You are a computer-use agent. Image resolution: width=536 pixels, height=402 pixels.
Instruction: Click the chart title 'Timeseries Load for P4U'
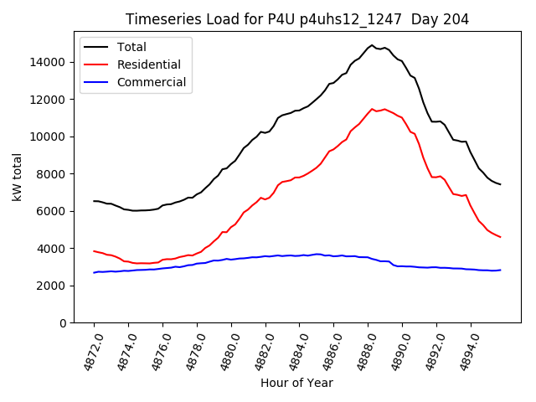click(x=296, y=19)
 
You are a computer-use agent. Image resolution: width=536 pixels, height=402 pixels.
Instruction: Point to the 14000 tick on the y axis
click(x=49, y=62)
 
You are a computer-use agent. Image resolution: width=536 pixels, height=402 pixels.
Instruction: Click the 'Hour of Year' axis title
click(x=296, y=384)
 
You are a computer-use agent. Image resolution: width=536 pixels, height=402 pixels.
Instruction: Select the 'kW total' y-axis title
click(x=17, y=178)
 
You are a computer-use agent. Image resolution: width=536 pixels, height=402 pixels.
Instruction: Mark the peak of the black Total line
click(x=371, y=45)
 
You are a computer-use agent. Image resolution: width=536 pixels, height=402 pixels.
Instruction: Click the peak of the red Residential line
click(x=373, y=109)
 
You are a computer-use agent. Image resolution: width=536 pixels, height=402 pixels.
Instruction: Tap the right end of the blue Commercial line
click(x=500, y=270)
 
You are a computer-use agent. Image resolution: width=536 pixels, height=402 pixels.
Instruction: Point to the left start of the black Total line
click(x=94, y=201)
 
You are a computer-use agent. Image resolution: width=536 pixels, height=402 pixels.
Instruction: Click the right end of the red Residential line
click(x=500, y=237)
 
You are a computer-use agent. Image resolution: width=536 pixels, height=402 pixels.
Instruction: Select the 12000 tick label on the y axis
click(x=49, y=100)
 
